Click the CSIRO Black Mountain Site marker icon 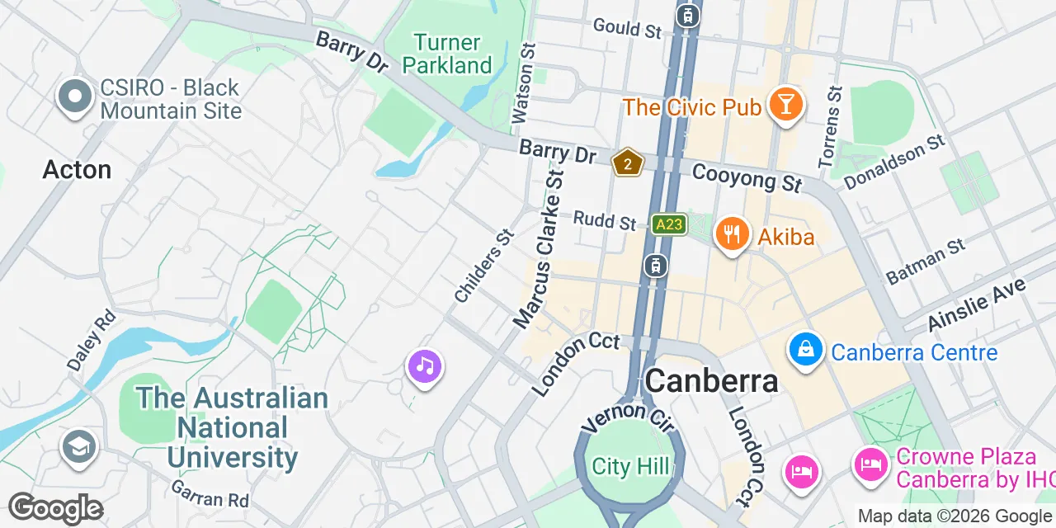[x=74, y=97]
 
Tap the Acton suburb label [x=77, y=170]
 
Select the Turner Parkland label [x=447, y=54]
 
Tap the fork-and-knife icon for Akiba [x=731, y=233]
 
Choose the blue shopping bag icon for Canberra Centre [x=805, y=350]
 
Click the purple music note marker [x=425, y=365]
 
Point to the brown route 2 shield [x=628, y=163]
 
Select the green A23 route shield [x=668, y=224]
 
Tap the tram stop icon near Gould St [x=687, y=15]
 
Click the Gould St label [x=627, y=28]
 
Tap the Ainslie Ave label [x=978, y=304]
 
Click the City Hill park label [x=631, y=467]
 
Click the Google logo [x=55, y=509]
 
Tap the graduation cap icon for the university [x=79, y=447]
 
